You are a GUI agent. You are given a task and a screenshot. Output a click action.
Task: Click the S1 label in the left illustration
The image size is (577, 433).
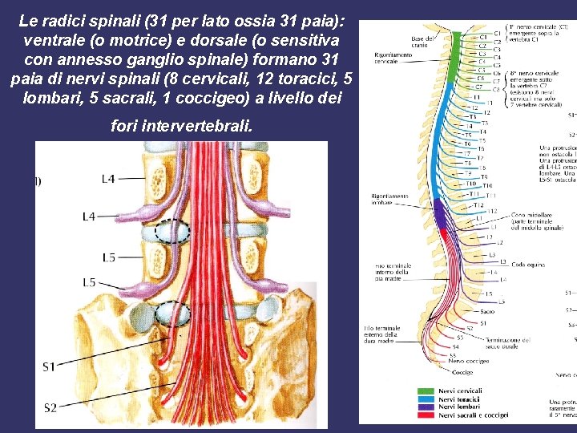50,366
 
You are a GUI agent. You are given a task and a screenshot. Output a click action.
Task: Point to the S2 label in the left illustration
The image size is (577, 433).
50,407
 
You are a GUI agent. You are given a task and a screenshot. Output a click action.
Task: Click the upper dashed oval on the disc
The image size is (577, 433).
172,232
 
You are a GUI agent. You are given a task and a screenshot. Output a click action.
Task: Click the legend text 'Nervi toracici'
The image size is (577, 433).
459,399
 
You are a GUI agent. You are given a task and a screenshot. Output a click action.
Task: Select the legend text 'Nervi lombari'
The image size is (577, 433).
459,407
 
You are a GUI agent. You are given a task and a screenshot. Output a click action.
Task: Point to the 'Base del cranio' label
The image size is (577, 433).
423,42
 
